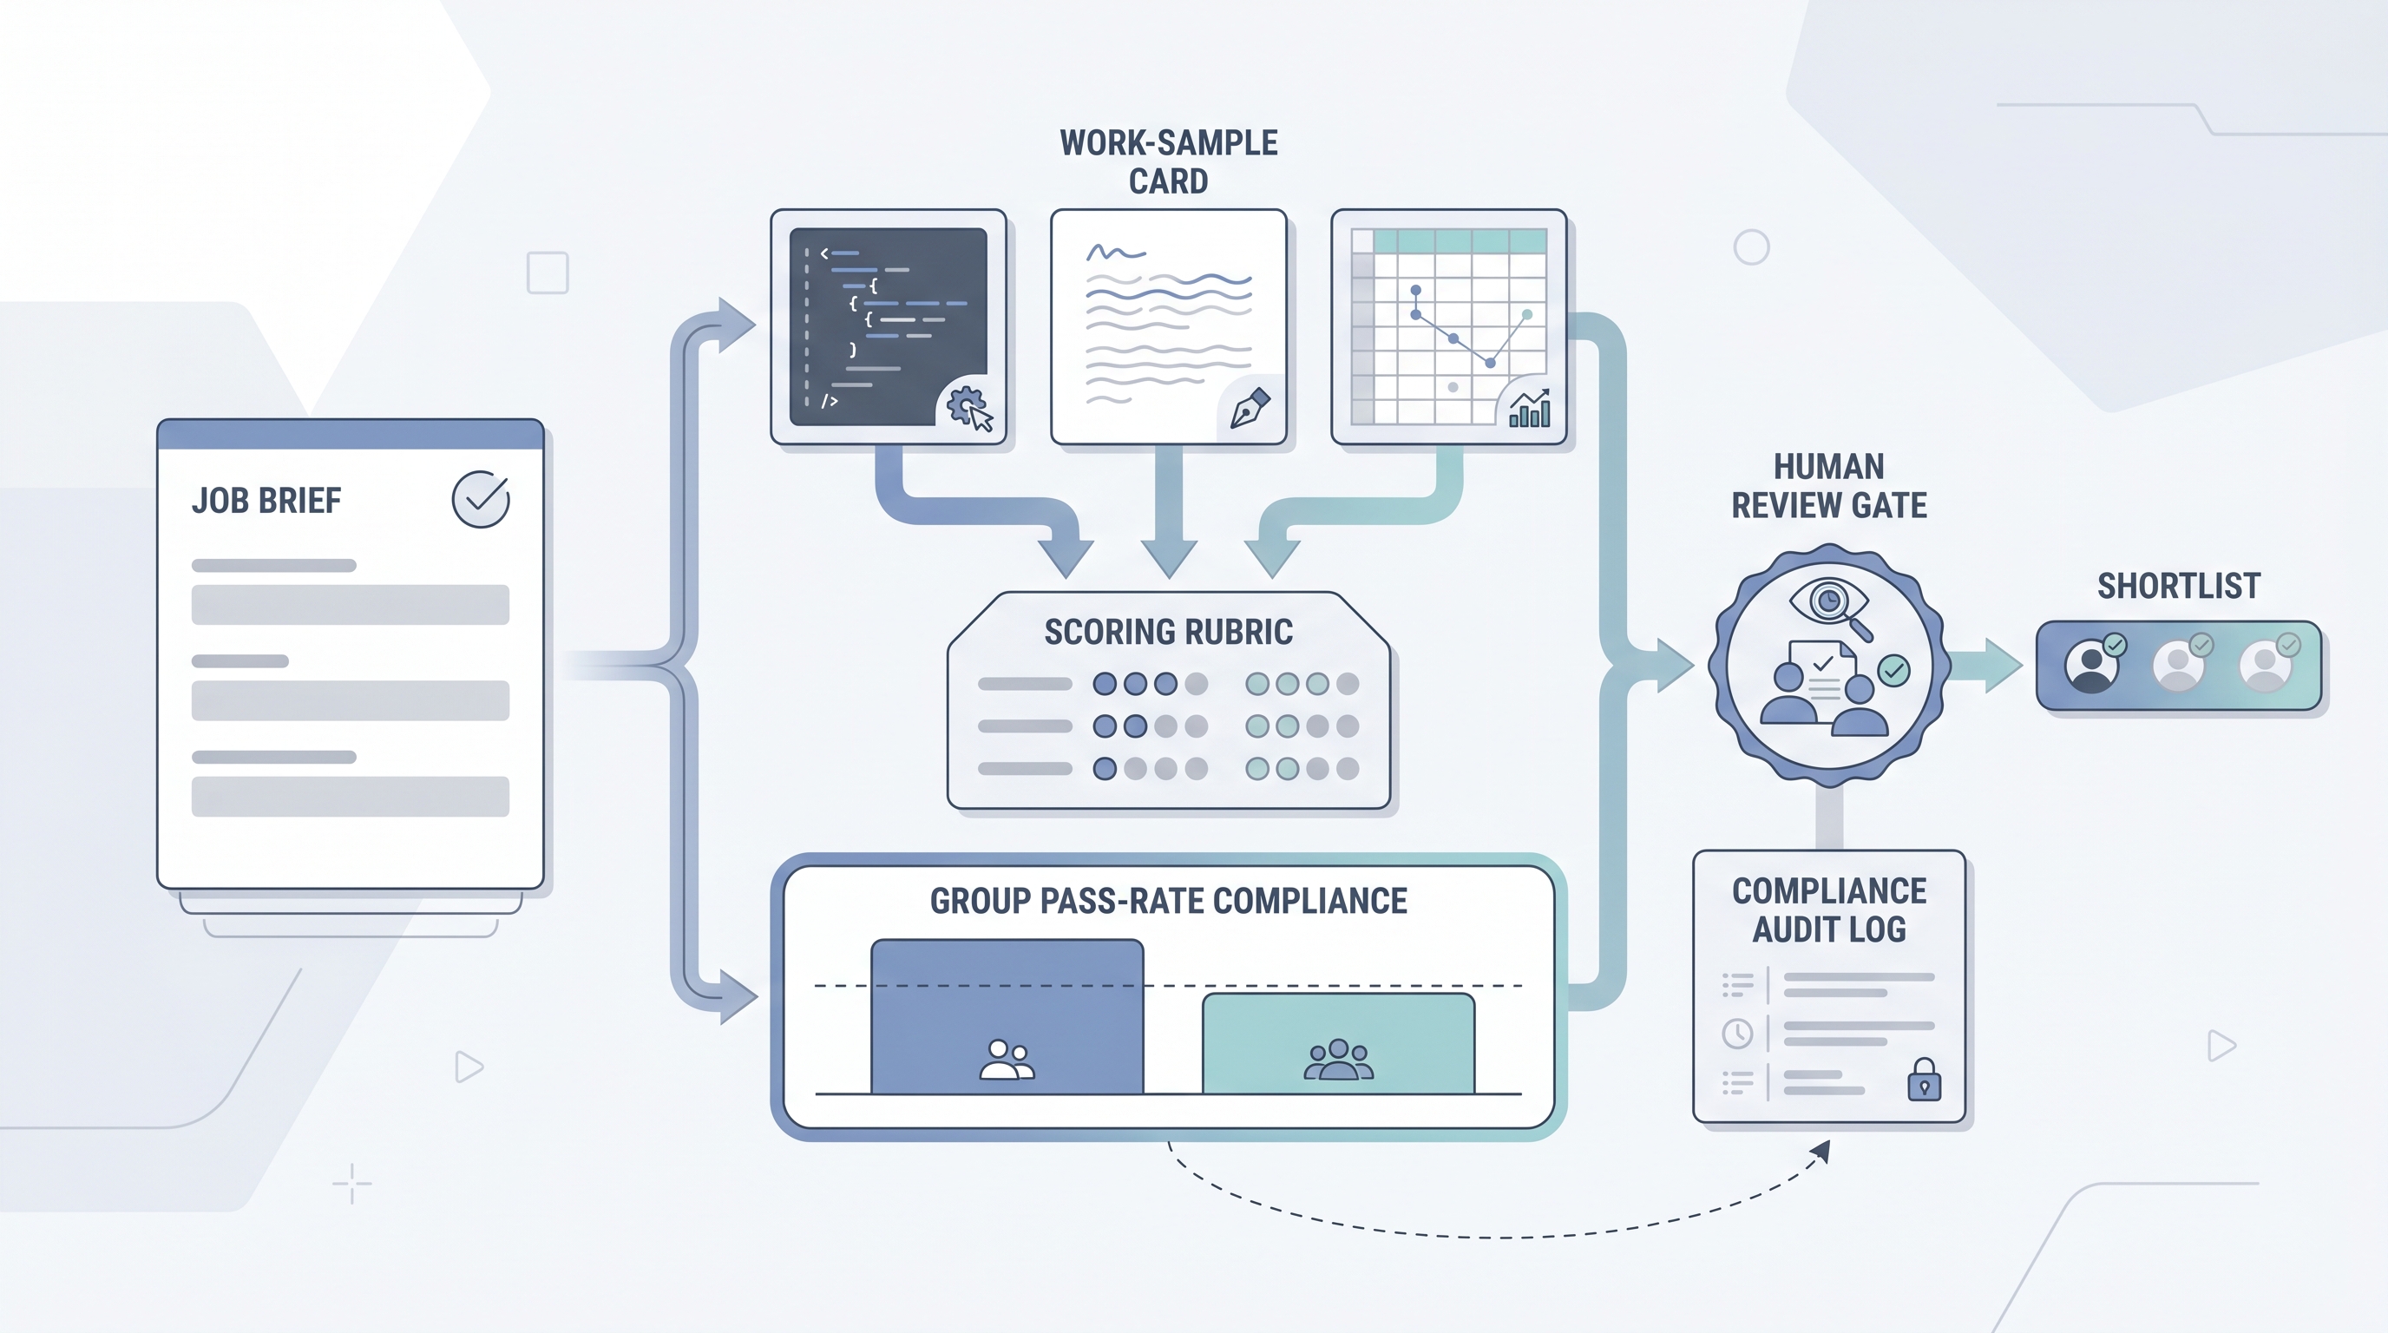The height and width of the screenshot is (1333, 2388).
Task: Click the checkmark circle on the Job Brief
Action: pyautogui.click(x=480, y=499)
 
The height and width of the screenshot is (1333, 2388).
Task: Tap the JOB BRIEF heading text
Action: pyautogui.click(x=266, y=501)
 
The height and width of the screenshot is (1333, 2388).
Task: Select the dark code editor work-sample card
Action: pyautogui.click(x=888, y=326)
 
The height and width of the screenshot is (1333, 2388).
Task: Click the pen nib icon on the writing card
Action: pyautogui.click(x=1250, y=408)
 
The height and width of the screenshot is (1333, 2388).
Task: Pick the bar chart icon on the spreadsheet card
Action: pyautogui.click(x=1530, y=409)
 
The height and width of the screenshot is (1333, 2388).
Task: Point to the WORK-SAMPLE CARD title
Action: pyautogui.click(x=1169, y=161)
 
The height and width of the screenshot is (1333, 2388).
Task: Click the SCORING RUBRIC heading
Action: pyautogui.click(x=1168, y=631)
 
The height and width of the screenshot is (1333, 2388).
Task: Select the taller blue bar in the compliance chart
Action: pyautogui.click(x=1007, y=1017)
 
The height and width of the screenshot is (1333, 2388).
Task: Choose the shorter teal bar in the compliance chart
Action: pyautogui.click(x=1339, y=1044)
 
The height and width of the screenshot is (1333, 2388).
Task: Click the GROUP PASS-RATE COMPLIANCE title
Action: pyautogui.click(x=1168, y=901)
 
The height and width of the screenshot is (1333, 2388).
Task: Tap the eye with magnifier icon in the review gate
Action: pyautogui.click(x=1831, y=607)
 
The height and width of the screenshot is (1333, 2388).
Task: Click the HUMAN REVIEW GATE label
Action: pyautogui.click(x=1829, y=486)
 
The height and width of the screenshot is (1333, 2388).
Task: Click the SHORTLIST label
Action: pyautogui.click(x=2179, y=586)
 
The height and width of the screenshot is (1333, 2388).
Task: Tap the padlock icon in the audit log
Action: pyautogui.click(x=1925, y=1079)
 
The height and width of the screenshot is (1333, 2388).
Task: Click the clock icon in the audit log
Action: pyautogui.click(x=1737, y=1033)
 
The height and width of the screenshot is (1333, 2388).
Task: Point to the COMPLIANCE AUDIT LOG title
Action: pyautogui.click(x=1829, y=909)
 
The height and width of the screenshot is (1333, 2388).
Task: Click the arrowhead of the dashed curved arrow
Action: pyautogui.click(x=1821, y=1151)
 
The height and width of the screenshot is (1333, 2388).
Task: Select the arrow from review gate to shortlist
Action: pyautogui.click(x=1985, y=665)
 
